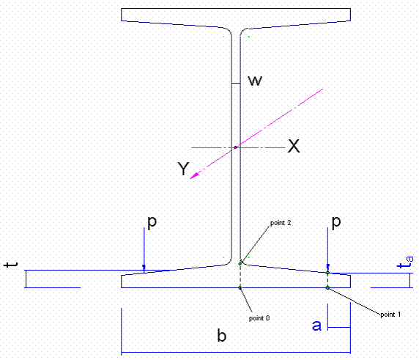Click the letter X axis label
[x=294, y=146]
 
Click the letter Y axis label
[x=183, y=169]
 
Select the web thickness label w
[x=255, y=80]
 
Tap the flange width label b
[x=221, y=335]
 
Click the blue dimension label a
[x=316, y=326]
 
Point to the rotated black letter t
[x=10, y=265]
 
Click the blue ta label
[x=405, y=262]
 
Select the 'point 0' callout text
[x=259, y=318]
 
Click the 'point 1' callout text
[x=390, y=315]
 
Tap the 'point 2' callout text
[x=281, y=223]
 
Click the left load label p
[x=152, y=222]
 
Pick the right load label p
[x=336, y=222]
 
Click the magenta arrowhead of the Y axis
[x=194, y=175]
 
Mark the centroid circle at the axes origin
[x=235, y=147]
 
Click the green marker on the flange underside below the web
[x=240, y=288]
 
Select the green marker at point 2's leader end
[x=240, y=264]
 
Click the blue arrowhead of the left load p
[x=144, y=268]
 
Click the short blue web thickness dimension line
[x=236, y=84]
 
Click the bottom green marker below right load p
[x=327, y=288]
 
